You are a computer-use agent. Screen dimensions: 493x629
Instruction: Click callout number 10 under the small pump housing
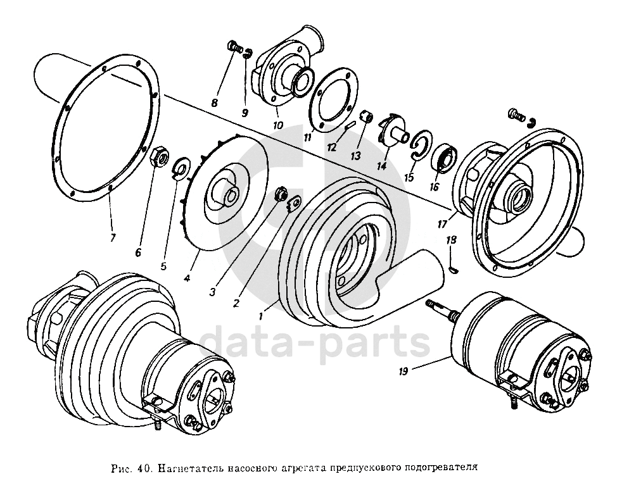277,125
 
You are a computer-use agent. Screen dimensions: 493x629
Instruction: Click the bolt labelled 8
232,47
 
